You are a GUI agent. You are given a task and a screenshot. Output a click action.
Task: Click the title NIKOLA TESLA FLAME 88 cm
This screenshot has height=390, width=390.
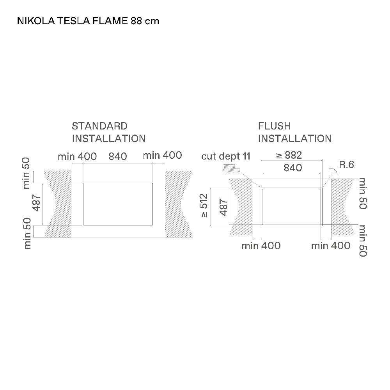tap(88, 21)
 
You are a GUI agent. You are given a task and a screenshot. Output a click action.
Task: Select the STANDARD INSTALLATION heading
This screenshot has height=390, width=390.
tap(109, 132)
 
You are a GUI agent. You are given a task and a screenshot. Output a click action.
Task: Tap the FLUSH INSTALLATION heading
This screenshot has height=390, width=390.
tap(295, 132)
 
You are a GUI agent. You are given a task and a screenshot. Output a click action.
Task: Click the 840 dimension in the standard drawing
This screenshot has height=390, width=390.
tap(118, 156)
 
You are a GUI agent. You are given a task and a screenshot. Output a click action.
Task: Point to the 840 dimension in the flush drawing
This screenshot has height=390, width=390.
tap(293, 168)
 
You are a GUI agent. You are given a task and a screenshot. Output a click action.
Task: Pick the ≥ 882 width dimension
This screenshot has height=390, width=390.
tap(289, 155)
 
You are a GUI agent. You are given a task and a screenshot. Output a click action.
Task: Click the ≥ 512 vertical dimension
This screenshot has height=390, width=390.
tap(204, 206)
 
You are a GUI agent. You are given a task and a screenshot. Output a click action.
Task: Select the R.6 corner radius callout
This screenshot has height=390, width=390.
tap(346, 165)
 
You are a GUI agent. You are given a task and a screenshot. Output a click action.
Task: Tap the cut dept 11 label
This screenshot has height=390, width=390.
tap(225, 156)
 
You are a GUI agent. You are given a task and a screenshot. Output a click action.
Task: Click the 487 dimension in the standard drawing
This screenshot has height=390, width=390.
tap(37, 203)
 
